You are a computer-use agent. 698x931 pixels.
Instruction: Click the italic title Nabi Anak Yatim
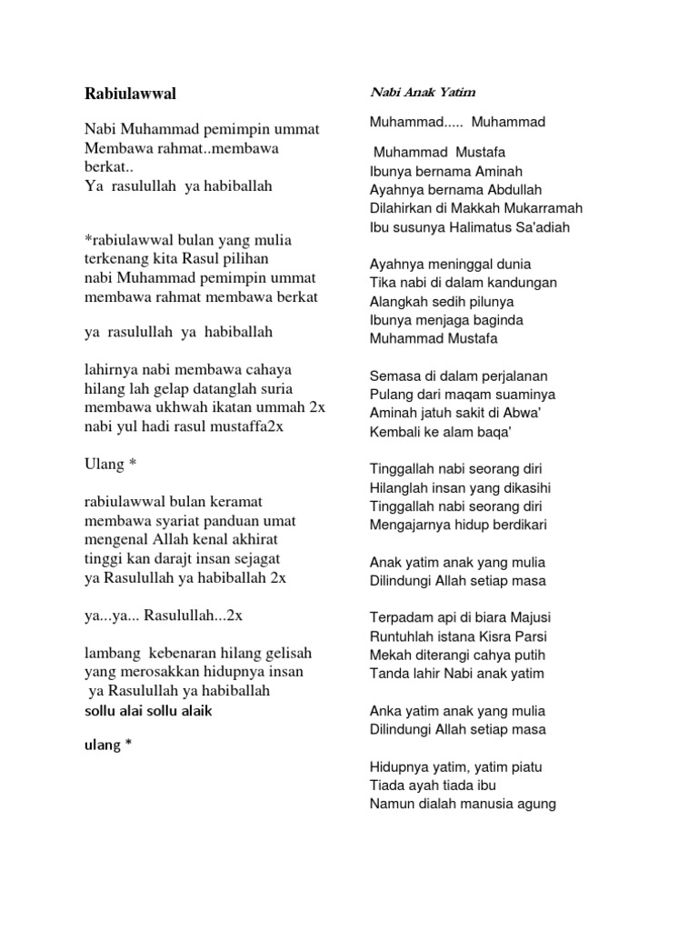coord(423,92)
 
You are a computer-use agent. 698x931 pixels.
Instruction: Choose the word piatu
coord(522,766)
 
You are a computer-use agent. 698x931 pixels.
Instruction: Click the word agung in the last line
coord(536,804)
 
